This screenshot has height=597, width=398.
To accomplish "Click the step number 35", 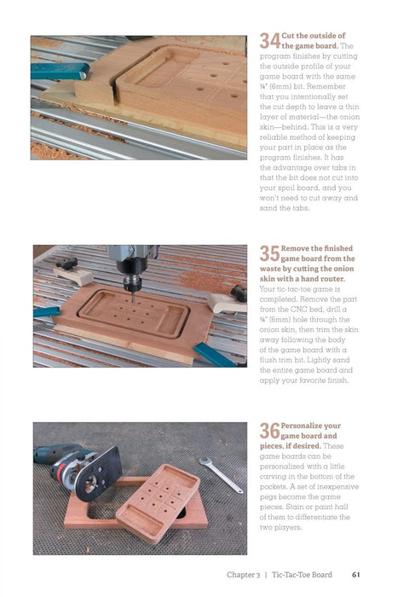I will [269, 253].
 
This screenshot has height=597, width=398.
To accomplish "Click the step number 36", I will [269, 431].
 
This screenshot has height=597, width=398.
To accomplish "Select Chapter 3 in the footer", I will [244, 575].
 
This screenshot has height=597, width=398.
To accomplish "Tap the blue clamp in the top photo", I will [60, 72].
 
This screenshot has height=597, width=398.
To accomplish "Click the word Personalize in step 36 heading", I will [311, 426].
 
